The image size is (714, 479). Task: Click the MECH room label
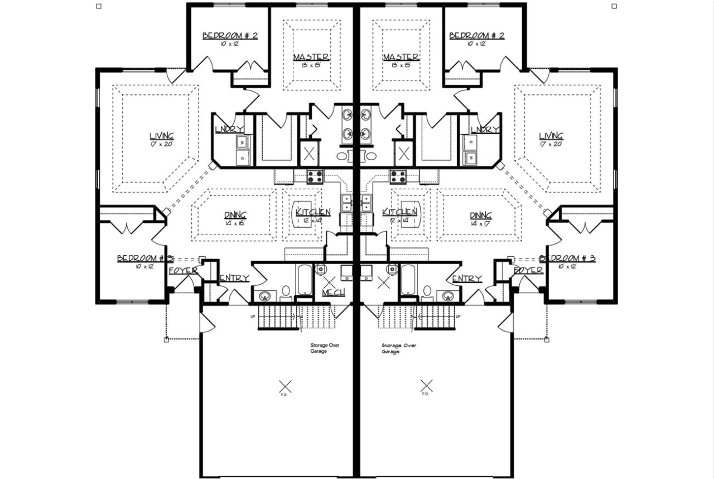point(333,293)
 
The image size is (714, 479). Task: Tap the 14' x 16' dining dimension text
point(235,223)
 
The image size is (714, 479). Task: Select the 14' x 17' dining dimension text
point(480,223)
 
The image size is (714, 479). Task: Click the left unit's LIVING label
point(161,136)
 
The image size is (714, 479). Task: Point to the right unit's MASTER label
point(401,58)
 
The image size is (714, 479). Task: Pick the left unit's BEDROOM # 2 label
point(229,36)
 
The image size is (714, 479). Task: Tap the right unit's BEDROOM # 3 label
point(567,258)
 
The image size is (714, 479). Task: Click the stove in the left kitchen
point(315,176)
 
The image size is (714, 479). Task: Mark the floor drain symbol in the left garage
point(285,385)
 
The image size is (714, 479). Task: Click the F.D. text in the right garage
point(425,394)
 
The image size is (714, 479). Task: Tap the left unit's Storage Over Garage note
point(325,348)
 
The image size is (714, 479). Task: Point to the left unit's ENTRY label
point(234,279)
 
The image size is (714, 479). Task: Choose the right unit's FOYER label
point(528,270)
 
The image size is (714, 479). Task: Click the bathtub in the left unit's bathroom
point(305,280)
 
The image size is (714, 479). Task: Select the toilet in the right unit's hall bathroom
point(428,291)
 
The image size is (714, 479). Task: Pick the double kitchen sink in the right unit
point(366,203)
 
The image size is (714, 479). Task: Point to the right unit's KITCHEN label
point(399,212)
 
